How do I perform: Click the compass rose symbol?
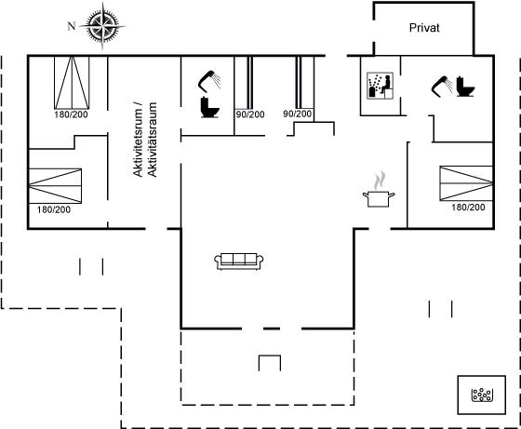pyautogui.click(x=102, y=26)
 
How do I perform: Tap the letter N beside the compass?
pyautogui.click(x=72, y=26)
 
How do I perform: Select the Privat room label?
pyautogui.click(x=424, y=28)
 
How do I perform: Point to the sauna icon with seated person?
pyautogui.click(x=381, y=86)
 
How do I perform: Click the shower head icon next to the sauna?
pyautogui.click(x=442, y=87)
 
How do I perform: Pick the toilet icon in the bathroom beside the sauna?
pyautogui.click(x=465, y=87)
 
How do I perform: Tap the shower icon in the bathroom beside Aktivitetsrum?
pyautogui.click(x=209, y=81)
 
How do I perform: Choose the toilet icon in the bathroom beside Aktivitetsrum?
pyautogui.click(x=210, y=107)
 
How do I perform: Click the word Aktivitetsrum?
pyautogui.click(x=138, y=140)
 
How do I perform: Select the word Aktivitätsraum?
pyautogui.click(x=152, y=140)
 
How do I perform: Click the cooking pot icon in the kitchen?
pyautogui.click(x=379, y=199)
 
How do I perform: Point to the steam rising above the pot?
pyautogui.click(x=380, y=181)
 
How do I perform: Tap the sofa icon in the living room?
pyautogui.click(x=239, y=261)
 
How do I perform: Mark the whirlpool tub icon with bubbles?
pyautogui.click(x=482, y=395)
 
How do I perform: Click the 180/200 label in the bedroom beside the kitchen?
pyautogui.click(x=468, y=207)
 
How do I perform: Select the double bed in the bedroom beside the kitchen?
pyautogui.click(x=466, y=183)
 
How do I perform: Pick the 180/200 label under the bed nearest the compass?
pyautogui.click(x=71, y=114)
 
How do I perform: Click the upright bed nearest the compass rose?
pyautogui.click(x=72, y=83)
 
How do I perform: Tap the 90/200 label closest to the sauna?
pyautogui.click(x=298, y=114)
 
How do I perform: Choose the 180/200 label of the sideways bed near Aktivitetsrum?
pyautogui.click(x=54, y=209)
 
